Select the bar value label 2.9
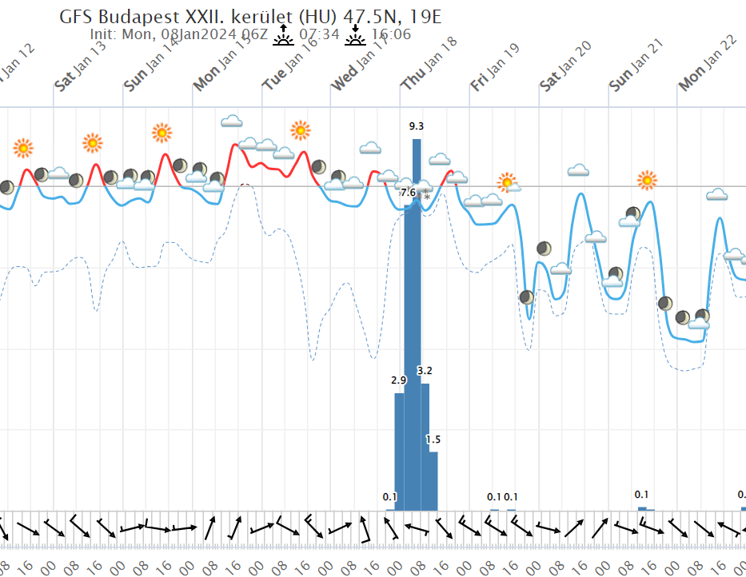[x=399, y=380]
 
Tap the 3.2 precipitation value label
[x=425, y=371]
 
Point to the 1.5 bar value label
[x=433, y=440]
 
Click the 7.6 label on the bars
[x=408, y=193]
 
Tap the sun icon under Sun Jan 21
[x=647, y=180]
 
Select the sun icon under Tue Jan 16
[x=300, y=130]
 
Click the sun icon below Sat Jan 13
[x=93, y=143]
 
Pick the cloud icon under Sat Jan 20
[x=578, y=170]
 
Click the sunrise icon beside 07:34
[x=283, y=34]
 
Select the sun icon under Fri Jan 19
[x=506, y=182]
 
